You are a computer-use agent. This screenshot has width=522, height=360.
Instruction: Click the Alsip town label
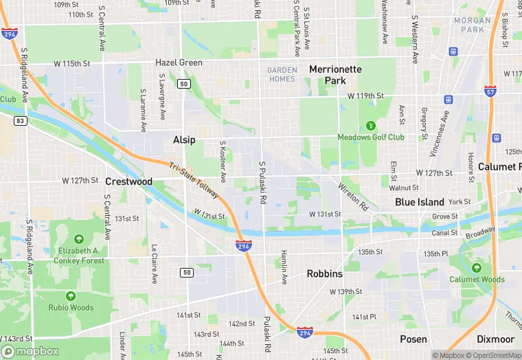[184, 139]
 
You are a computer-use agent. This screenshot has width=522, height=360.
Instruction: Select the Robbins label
[324, 273]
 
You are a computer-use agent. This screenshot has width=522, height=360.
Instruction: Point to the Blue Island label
[420, 202]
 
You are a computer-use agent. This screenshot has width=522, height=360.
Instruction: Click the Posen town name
[413, 339]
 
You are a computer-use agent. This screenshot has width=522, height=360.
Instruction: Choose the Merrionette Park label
[336, 75]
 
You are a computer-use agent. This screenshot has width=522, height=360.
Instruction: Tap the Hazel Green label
[179, 63]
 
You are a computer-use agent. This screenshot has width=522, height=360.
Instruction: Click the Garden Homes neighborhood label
[282, 74]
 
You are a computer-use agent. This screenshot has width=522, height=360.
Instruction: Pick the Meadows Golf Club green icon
[371, 125]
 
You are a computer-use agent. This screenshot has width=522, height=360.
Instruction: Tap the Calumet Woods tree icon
[477, 267]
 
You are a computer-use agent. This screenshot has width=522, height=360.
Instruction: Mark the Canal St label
[444, 233]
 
